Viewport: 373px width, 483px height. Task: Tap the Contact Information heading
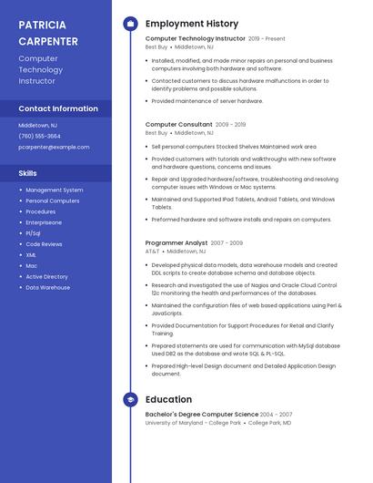click(58, 108)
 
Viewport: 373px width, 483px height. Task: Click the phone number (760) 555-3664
click(39, 136)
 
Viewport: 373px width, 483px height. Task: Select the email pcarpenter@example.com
click(54, 147)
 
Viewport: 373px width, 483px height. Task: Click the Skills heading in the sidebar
click(28, 172)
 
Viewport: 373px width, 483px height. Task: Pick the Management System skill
click(54, 190)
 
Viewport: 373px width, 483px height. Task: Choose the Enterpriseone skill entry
click(44, 222)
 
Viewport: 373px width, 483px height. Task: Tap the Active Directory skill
click(46, 276)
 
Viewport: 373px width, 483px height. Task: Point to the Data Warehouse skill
click(47, 287)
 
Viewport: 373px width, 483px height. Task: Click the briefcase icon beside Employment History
click(130, 24)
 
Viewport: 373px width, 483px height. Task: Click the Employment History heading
click(192, 24)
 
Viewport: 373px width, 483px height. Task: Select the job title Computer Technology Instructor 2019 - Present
click(215, 39)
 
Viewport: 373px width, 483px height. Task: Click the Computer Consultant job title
click(179, 124)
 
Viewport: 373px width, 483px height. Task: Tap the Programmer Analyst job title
click(176, 243)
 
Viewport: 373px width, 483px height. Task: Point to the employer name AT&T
click(152, 251)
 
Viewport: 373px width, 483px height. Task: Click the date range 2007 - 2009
click(227, 243)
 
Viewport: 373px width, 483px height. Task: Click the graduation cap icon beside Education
click(130, 399)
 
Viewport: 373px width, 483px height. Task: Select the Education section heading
click(168, 399)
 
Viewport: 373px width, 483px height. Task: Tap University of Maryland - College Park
click(193, 423)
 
